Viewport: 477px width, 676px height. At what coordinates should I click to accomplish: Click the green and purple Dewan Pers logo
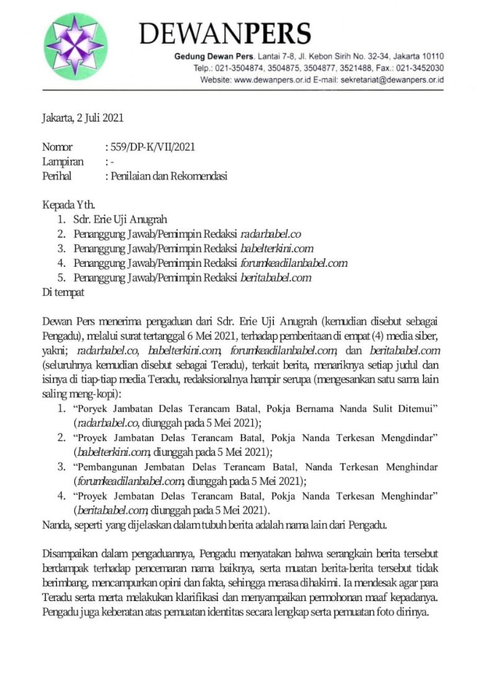click(x=76, y=47)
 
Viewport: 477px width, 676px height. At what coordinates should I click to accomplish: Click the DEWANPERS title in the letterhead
click(x=225, y=33)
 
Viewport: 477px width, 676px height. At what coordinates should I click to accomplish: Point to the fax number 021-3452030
click(x=419, y=68)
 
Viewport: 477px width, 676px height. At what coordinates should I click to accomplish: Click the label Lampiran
click(x=63, y=161)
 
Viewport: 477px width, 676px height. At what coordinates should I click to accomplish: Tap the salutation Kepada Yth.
click(x=69, y=205)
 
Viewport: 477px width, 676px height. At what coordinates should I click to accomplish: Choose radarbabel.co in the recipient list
click(x=270, y=234)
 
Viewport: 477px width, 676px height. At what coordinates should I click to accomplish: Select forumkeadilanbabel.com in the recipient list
click(x=294, y=263)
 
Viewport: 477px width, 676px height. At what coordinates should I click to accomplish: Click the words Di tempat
click(x=63, y=292)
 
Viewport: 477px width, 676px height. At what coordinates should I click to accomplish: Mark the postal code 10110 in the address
click(x=430, y=56)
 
